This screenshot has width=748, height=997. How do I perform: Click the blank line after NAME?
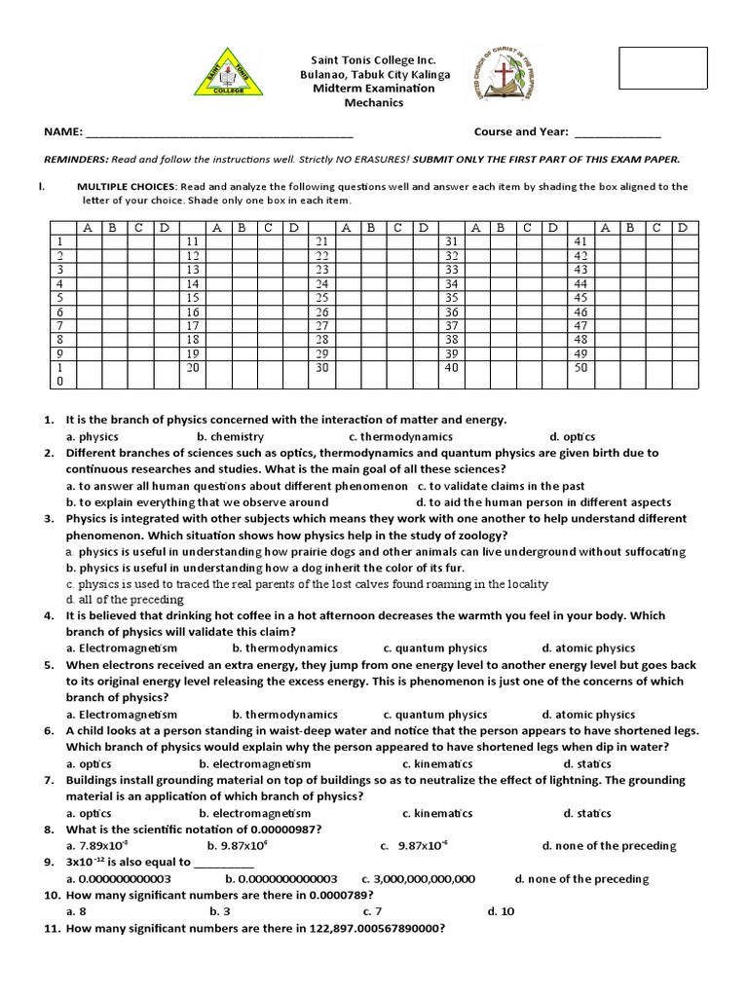tap(219, 133)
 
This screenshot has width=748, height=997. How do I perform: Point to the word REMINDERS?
tap(76, 160)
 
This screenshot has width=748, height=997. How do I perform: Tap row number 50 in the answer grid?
tap(581, 367)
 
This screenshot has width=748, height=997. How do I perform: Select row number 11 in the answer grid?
tap(192, 241)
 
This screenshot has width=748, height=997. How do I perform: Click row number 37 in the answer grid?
tap(451, 325)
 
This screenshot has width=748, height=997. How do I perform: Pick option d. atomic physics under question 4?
tap(588, 648)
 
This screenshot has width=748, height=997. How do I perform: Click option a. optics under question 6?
tap(89, 764)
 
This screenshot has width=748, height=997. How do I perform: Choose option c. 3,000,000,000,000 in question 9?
tap(418, 879)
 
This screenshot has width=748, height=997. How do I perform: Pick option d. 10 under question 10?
tap(501, 912)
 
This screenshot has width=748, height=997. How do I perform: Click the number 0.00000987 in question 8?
tap(278, 830)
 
